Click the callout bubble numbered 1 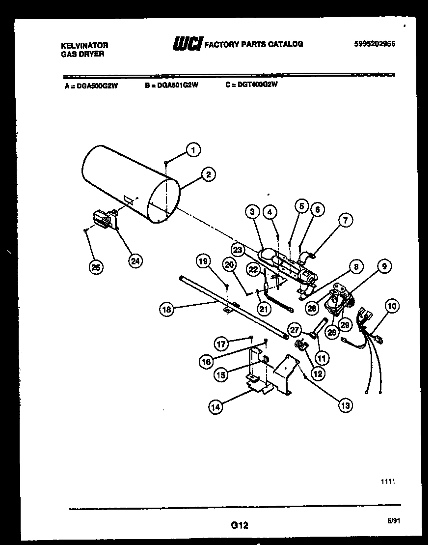click(193, 151)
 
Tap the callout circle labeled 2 click(208, 174)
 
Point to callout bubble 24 click(135, 261)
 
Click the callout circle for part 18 click(167, 309)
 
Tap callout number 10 click(392, 307)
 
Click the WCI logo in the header click(187, 44)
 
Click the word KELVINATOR click(84, 45)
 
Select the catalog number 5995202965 click(375, 44)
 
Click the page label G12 click(239, 525)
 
